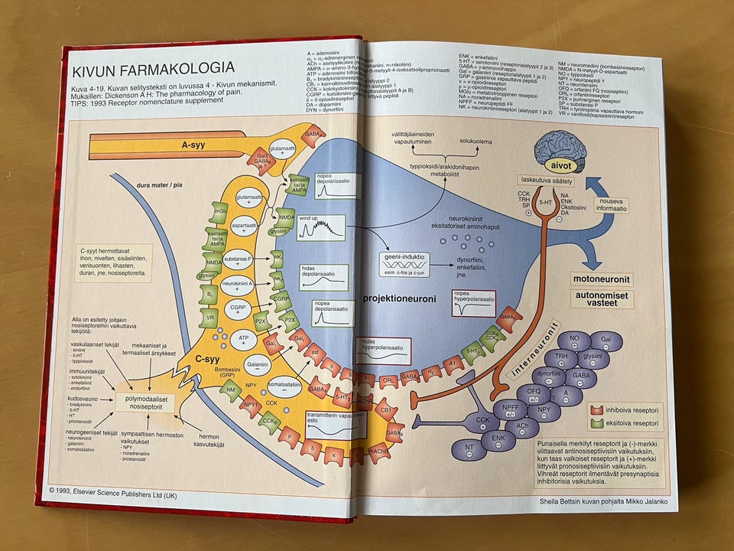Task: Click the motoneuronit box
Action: click(x=602, y=279)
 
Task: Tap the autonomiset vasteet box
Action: click(x=602, y=298)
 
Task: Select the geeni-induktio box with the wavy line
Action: click(x=403, y=262)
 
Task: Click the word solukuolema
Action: click(x=476, y=142)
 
